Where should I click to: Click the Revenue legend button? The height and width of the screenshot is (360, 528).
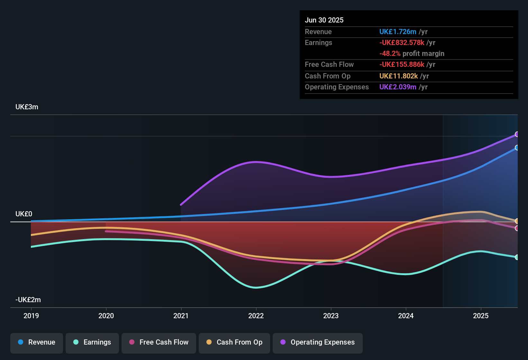37,342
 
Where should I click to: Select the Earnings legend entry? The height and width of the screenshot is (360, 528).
92,342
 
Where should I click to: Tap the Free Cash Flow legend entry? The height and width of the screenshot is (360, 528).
159,342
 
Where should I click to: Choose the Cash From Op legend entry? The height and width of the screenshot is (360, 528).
234,342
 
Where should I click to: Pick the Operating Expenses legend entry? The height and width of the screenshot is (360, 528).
318,342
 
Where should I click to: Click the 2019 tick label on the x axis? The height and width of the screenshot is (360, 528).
31,316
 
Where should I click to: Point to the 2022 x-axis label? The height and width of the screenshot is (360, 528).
256,316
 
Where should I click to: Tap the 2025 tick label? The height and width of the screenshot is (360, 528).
481,316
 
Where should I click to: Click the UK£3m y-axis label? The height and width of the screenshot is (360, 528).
27,107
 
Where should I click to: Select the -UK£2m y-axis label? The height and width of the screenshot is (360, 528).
28,300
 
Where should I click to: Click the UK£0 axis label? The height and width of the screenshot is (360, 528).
24,214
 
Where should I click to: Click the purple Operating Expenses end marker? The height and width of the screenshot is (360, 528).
517,134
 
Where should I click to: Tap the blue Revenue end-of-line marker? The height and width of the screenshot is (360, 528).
517,148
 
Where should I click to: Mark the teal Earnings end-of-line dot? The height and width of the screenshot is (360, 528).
517,257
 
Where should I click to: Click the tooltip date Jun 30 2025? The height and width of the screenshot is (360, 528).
324,20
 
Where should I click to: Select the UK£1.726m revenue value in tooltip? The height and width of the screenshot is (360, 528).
398,32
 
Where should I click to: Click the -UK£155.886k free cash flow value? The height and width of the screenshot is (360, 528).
402,65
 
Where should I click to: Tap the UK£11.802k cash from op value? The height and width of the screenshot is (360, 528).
398,76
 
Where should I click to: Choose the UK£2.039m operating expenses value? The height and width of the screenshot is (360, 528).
398,87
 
